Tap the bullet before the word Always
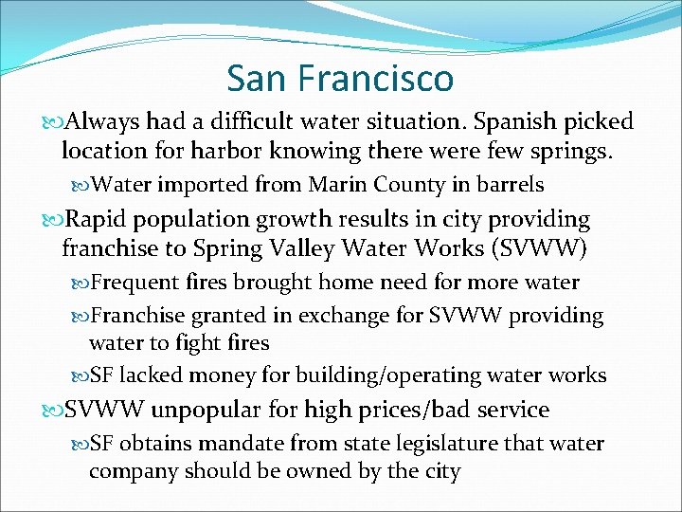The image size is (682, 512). point(53,123)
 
